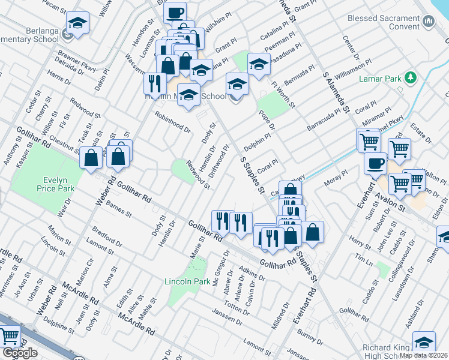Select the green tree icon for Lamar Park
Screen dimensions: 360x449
click(x=411, y=78)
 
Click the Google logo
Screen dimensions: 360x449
click(x=20, y=353)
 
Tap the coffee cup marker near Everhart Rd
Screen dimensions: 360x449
click(x=376, y=163)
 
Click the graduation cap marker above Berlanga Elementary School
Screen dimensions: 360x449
click(x=77, y=23)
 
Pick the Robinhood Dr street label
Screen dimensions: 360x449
click(x=173, y=122)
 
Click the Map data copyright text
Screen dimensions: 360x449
click(x=424, y=355)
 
